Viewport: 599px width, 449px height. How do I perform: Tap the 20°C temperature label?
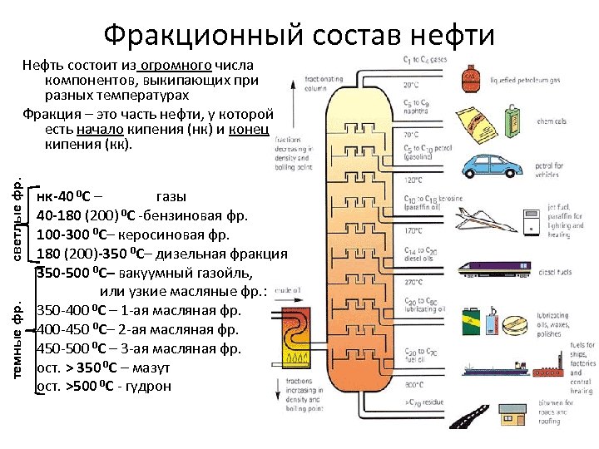[411, 84]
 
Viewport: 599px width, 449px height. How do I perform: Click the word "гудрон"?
[147, 386]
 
